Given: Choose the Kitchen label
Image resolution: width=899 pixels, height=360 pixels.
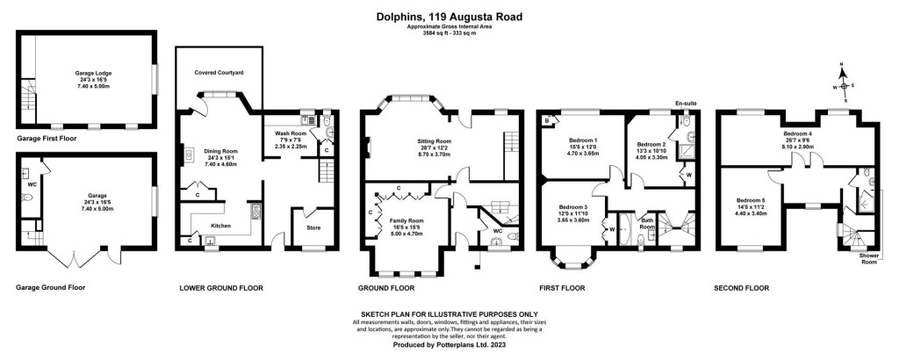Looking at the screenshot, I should (221, 226).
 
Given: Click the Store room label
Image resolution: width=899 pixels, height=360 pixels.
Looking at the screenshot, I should (313, 228).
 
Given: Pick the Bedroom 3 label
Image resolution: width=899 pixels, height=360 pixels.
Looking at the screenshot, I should (574, 205).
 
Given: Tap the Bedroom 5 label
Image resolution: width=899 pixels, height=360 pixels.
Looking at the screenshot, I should (753, 200).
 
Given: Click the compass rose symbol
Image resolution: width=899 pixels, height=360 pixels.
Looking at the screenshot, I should (843, 85).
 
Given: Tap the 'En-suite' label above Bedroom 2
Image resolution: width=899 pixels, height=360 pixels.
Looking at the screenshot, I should (684, 104).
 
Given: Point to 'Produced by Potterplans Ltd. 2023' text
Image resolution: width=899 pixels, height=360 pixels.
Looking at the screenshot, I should (449, 344).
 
